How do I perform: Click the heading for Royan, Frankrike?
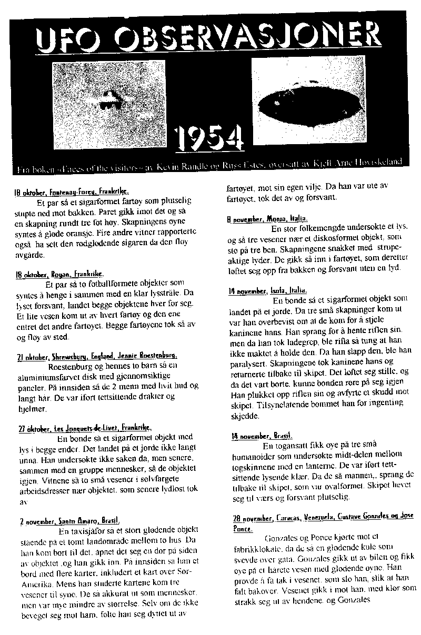[x=59, y=274]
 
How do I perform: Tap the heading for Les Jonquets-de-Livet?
[x=84, y=428]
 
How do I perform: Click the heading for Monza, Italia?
[x=268, y=218]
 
